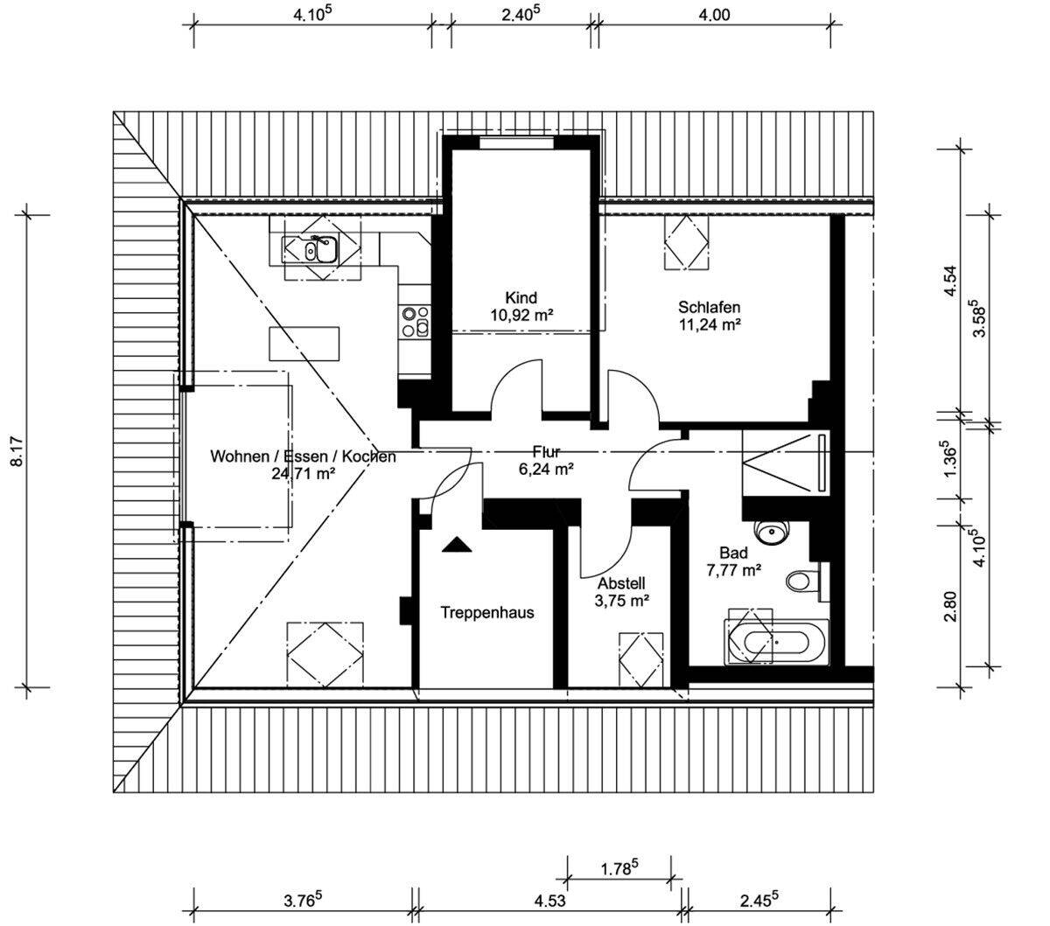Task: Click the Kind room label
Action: [x=521, y=298]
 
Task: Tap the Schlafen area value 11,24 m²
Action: [x=709, y=324]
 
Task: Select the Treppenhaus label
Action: [x=487, y=613]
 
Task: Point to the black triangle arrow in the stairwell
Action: [x=457, y=545]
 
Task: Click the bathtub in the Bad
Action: [x=776, y=644]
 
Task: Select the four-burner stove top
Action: [x=415, y=322]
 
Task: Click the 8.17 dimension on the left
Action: [x=17, y=452]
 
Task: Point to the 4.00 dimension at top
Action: [x=714, y=15]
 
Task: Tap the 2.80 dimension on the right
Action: [x=950, y=607]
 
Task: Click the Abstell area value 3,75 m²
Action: [x=622, y=602]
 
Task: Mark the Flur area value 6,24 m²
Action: [x=546, y=470]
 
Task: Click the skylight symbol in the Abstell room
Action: [x=641, y=660]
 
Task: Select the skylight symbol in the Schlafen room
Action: [x=687, y=242]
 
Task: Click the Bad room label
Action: [x=733, y=554]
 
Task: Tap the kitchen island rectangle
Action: [x=304, y=344]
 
